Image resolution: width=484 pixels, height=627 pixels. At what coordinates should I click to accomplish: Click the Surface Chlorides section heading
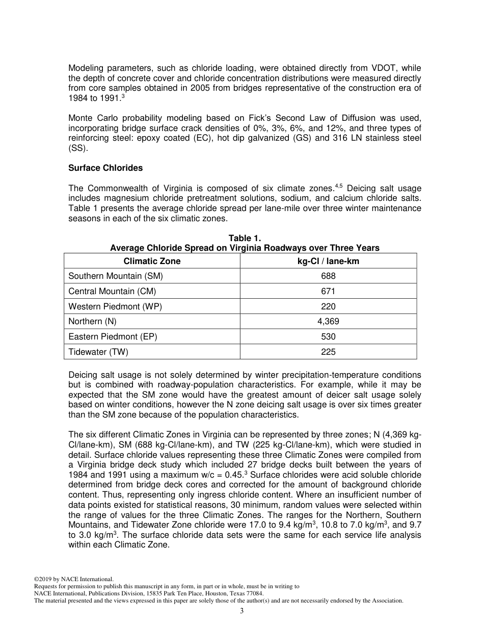coord(105,168)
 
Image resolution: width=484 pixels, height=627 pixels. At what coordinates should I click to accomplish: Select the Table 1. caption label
coord(245,238)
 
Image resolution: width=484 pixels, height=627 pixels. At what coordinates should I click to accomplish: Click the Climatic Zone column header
coord(152,261)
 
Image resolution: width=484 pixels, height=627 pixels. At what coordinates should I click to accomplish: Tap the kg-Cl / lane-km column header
coord(328,261)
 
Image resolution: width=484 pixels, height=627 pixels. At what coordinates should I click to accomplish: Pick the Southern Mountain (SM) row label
coord(116,276)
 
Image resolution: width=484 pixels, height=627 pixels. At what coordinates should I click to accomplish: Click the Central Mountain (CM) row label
coord(112,292)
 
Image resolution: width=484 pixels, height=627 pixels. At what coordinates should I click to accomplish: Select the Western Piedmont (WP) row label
coord(115,306)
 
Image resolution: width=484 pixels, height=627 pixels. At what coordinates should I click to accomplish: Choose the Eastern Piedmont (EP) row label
coord(113,337)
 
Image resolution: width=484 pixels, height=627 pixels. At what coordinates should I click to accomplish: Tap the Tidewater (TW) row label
coord(98,352)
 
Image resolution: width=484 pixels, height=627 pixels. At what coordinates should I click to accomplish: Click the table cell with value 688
coord(328,276)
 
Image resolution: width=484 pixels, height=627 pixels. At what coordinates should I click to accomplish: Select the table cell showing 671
coord(328,292)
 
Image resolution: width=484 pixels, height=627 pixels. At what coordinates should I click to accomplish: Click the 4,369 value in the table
coord(328,322)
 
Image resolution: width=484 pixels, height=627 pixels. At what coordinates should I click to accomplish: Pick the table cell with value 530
coord(328,337)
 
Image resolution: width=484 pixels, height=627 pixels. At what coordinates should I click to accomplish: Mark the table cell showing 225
coord(328,352)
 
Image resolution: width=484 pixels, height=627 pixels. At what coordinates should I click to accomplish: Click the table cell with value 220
coord(328,306)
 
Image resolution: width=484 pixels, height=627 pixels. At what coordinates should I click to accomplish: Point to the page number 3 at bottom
coord(242,611)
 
